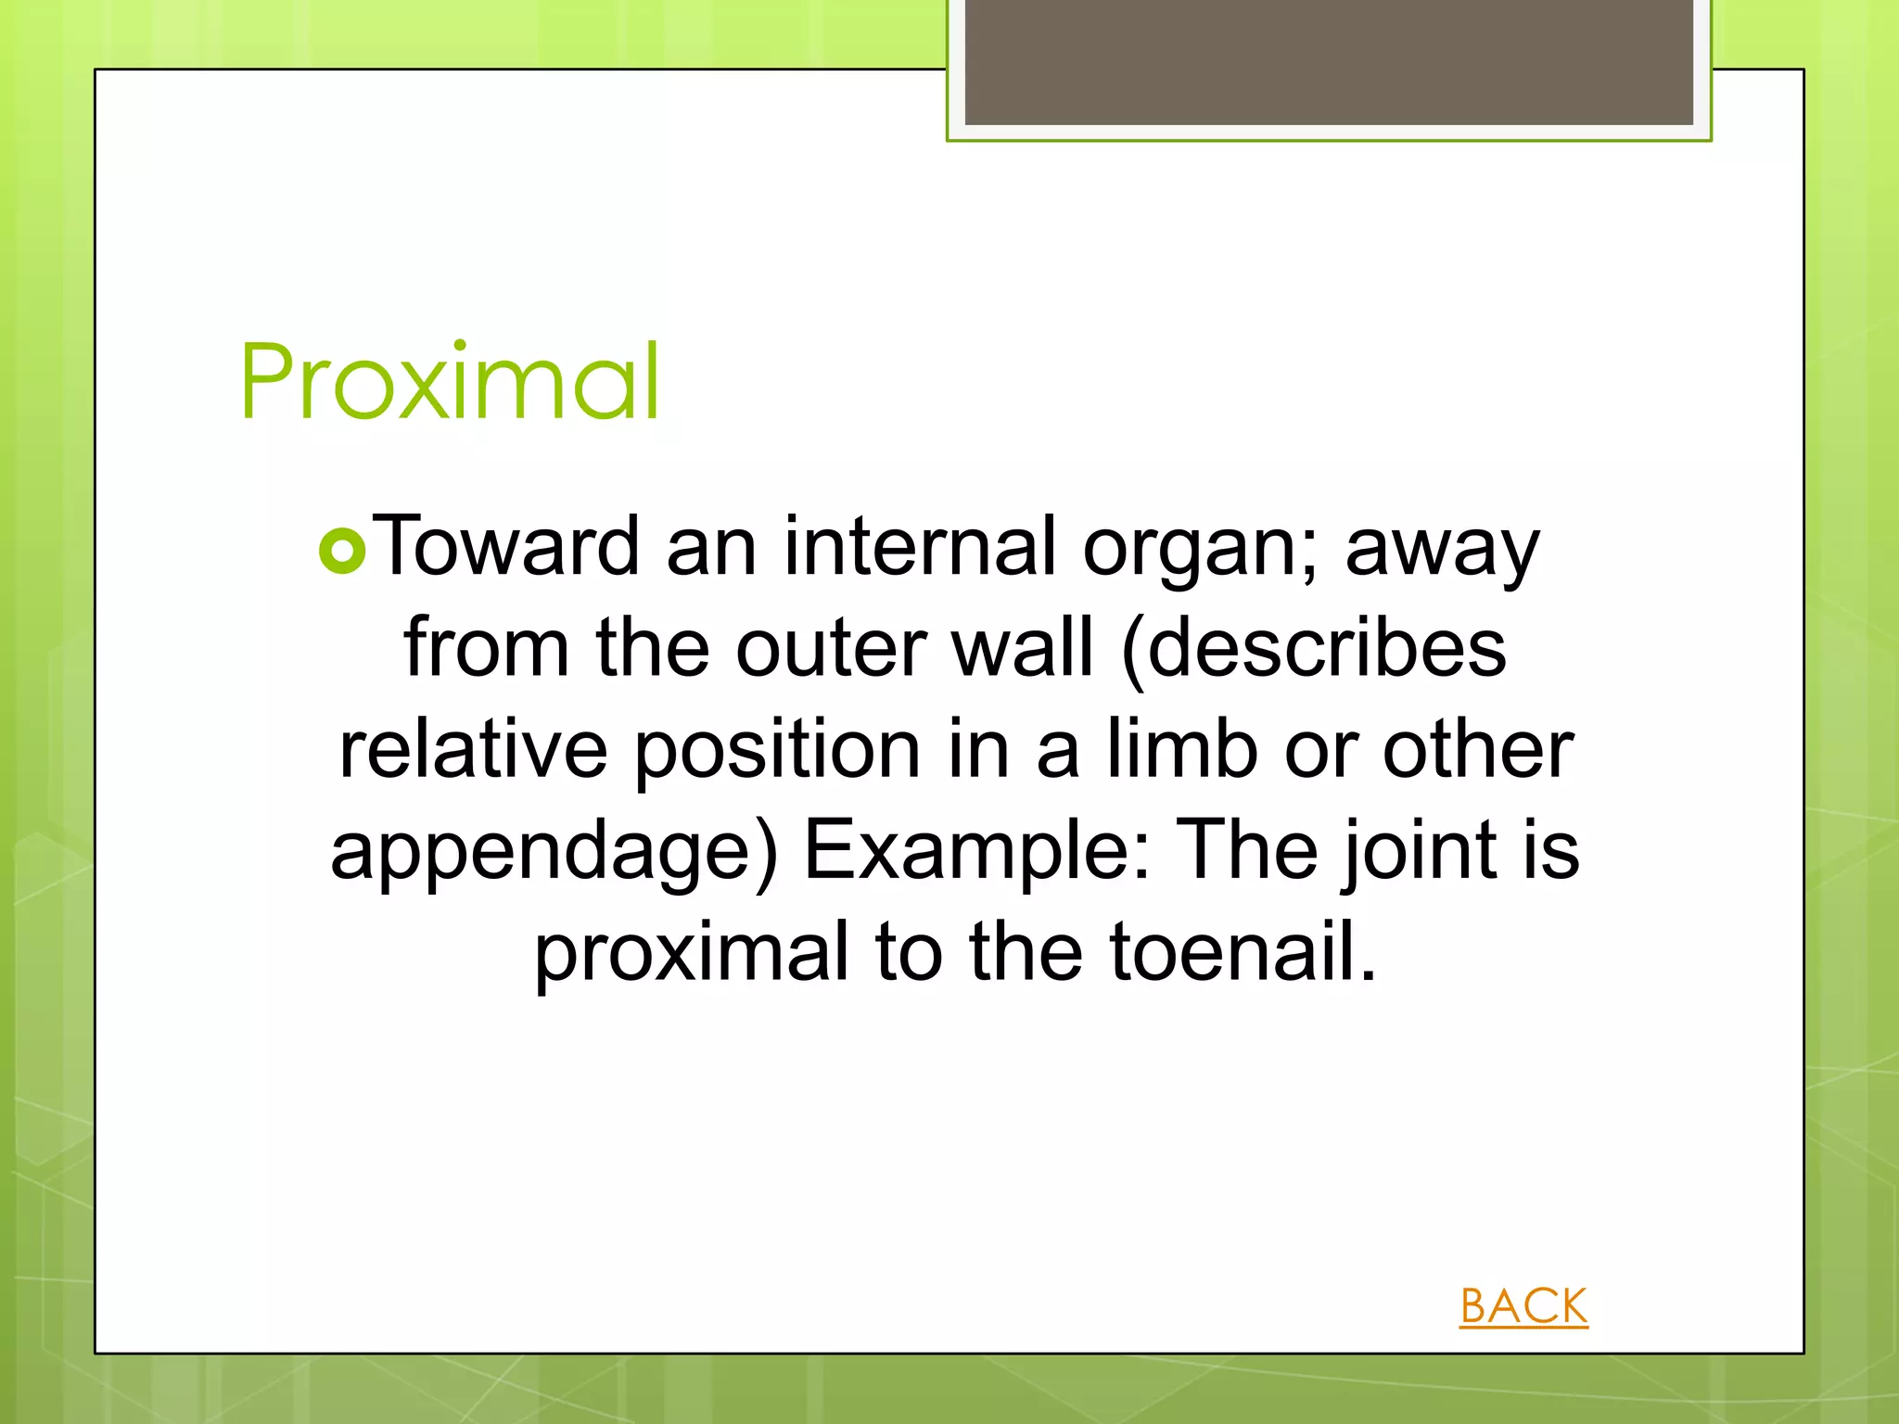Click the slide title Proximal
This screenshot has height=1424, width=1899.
pos(450,382)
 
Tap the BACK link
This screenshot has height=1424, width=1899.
pos(1523,1306)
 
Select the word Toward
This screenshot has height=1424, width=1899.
pos(509,547)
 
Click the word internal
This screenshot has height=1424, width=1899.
pos(920,547)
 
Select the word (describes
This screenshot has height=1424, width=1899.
pos(1314,648)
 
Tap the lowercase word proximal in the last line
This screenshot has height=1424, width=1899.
pos(692,955)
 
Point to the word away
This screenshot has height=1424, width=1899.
pos(1442,552)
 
